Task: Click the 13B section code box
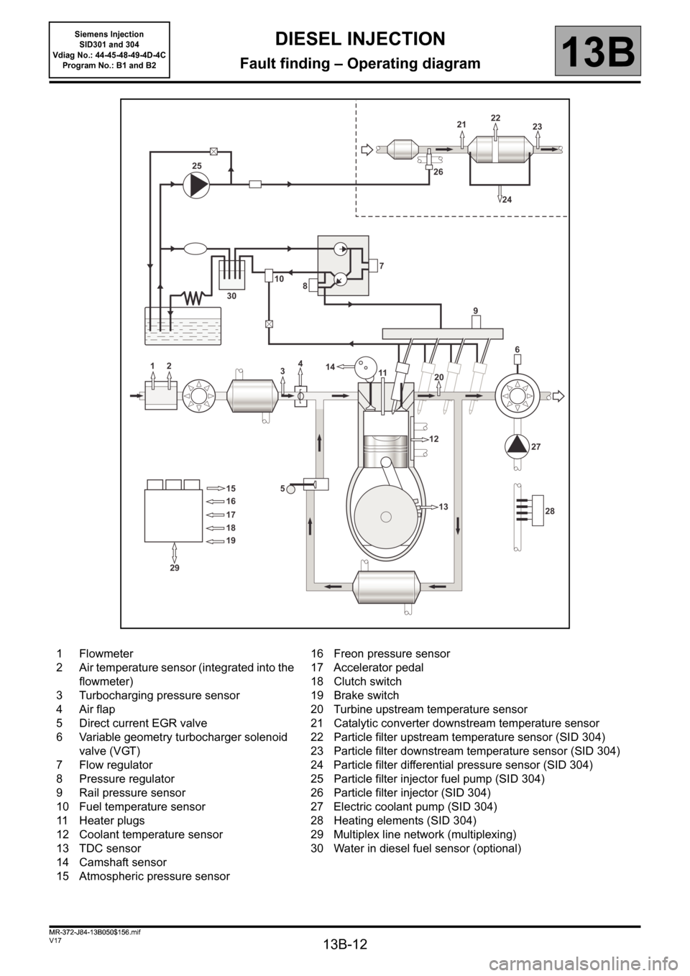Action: point(598,50)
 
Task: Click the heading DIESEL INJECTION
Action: point(360,39)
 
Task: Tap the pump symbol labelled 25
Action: point(195,184)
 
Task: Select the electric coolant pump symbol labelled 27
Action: point(517,446)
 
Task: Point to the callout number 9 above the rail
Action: point(476,310)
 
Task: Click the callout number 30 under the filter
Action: point(231,296)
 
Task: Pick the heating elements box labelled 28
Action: point(538,510)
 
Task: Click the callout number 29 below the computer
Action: point(174,568)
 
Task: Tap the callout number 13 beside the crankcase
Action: point(443,506)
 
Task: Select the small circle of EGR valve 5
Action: point(291,489)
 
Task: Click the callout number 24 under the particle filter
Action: point(507,200)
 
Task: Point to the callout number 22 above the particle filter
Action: point(496,118)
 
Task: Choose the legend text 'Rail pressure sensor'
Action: point(132,793)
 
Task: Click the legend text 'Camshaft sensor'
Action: point(123,862)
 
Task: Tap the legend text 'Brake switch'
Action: point(366,695)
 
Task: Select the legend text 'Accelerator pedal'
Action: point(378,667)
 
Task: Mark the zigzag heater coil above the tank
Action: point(193,298)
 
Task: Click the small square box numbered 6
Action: point(517,359)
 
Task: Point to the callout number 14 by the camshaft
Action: point(330,367)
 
